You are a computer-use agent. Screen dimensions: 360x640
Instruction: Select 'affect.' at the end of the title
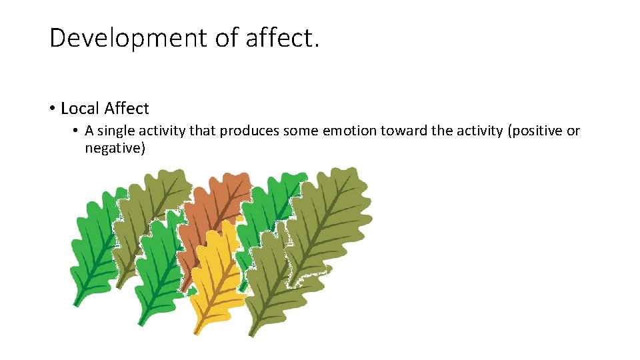[283, 39]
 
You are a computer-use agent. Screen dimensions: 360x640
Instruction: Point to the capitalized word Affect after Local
[127, 108]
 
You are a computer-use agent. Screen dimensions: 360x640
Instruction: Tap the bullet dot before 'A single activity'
[77, 131]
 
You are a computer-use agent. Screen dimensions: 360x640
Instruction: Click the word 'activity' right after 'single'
[162, 131]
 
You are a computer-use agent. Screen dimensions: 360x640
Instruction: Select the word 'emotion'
[349, 131]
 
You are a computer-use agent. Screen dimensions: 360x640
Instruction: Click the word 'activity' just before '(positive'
[479, 131]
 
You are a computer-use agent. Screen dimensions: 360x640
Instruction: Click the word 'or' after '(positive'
[573, 131]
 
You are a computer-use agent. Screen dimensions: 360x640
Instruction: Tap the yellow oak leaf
[213, 280]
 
